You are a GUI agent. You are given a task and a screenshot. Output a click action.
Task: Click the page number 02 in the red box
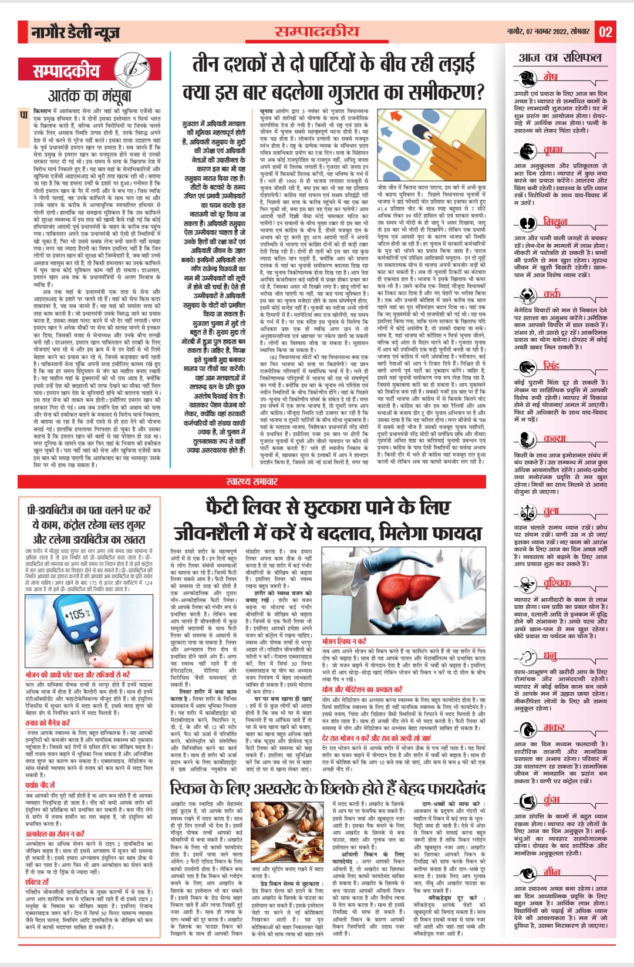pyautogui.click(x=605, y=32)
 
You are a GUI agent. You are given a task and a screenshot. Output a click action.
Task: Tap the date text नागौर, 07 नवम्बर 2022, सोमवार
pyautogui.click(x=548, y=31)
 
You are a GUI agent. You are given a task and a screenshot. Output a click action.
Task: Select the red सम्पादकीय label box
pyautogui.click(x=66, y=72)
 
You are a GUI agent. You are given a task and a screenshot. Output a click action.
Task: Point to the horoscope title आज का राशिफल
pyautogui.click(x=560, y=57)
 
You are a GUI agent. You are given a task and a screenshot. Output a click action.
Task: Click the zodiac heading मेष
pyautogui.click(x=550, y=77)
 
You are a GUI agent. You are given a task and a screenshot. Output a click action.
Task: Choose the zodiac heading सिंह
pyautogui.click(x=551, y=366)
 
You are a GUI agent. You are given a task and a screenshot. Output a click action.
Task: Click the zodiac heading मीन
pyautogui.click(x=552, y=871)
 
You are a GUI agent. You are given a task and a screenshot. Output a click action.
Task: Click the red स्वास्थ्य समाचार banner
pyautogui.click(x=252, y=481)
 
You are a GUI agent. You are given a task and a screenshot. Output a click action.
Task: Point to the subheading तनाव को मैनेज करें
pyautogui.click(x=48, y=723)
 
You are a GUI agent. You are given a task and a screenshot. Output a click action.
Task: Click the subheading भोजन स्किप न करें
pyautogui.click(x=344, y=641)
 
